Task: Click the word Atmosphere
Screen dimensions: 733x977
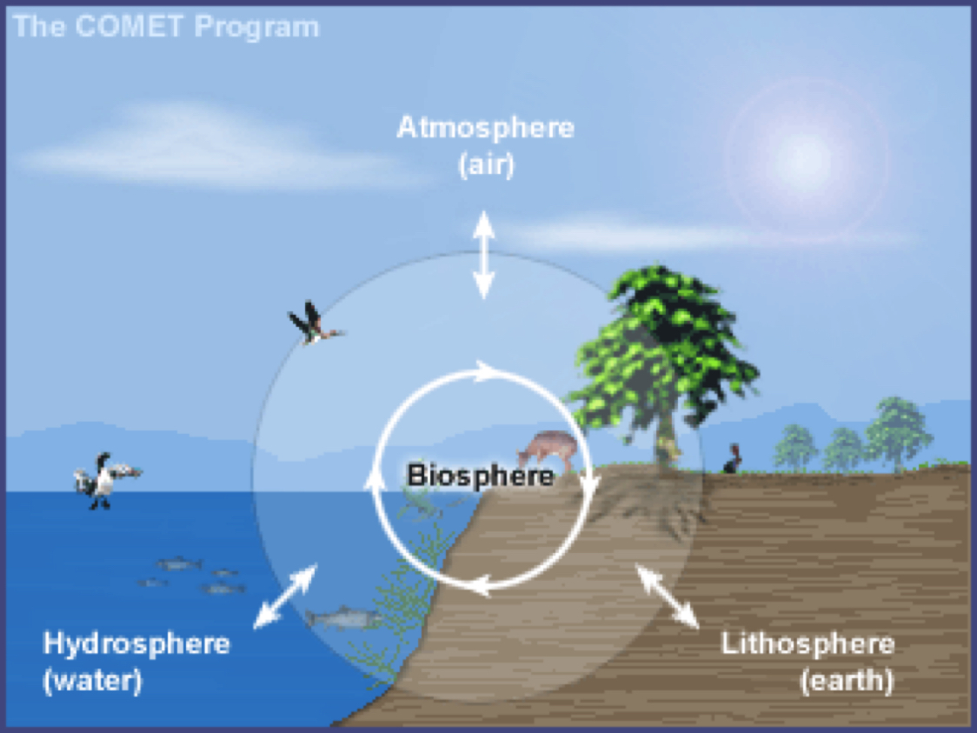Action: click(x=485, y=128)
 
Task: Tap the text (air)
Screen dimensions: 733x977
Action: click(x=486, y=164)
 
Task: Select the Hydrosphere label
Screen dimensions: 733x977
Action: click(x=136, y=644)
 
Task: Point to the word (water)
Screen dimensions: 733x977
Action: click(x=92, y=680)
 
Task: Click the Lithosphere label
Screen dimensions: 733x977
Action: click(x=808, y=644)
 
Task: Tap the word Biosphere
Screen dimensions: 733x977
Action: click(x=480, y=476)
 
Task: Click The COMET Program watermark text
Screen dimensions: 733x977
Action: click(x=167, y=27)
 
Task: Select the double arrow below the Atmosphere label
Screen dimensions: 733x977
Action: click(x=483, y=254)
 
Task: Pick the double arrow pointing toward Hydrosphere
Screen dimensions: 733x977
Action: click(x=285, y=596)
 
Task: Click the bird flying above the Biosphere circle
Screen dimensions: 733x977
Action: click(x=314, y=324)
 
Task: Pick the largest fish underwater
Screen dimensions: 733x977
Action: click(x=343, y=617)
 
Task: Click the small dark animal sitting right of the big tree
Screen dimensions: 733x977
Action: click(x=734, y=460)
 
